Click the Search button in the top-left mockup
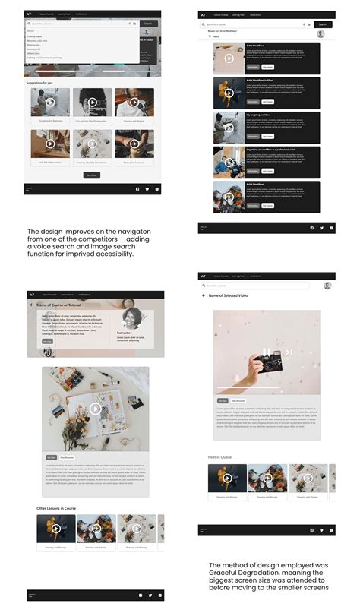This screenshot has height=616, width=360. coord(147,24)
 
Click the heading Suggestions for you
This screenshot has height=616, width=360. coord(39,82)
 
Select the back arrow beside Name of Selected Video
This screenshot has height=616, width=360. coord(204,295)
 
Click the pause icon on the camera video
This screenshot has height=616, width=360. coord(265,352)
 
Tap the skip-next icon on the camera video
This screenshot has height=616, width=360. coord(288,352)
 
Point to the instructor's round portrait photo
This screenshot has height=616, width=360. coord(134,318)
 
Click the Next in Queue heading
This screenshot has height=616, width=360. coord(221,457)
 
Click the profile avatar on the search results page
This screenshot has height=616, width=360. coord(321,33)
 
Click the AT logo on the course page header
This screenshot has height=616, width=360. coord(31,294)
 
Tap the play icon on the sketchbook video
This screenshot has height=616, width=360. coord(95,409)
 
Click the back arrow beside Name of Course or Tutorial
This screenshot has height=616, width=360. coord(32,305)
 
